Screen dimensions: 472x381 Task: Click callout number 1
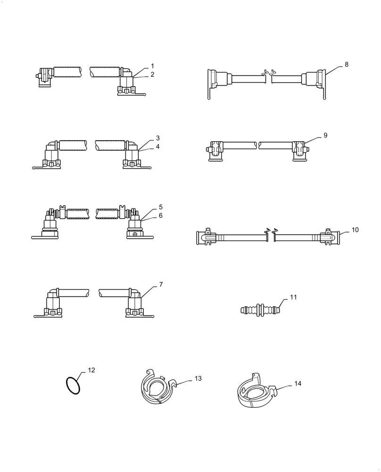[x=152, y=66]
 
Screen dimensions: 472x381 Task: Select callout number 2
[x=152, y=75]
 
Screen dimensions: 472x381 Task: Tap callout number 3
[x=158, y=138]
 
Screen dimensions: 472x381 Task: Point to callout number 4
[x=158, y=147]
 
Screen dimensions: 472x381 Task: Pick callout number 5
[x=160, y=207]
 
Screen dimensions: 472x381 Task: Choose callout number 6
[x=160, y=215]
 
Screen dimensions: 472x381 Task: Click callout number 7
[x=161, y=285]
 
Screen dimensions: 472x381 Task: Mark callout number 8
[x=347, y=65]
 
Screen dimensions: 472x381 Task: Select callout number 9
[x=325, y=135]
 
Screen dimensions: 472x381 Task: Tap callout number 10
[x=355, y=230]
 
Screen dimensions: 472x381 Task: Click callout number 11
[x=293, y=297]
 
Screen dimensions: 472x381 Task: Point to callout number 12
[x=91, y=370]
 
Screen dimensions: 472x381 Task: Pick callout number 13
[x=198, y=379]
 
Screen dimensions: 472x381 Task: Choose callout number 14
[x=298, y=384]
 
